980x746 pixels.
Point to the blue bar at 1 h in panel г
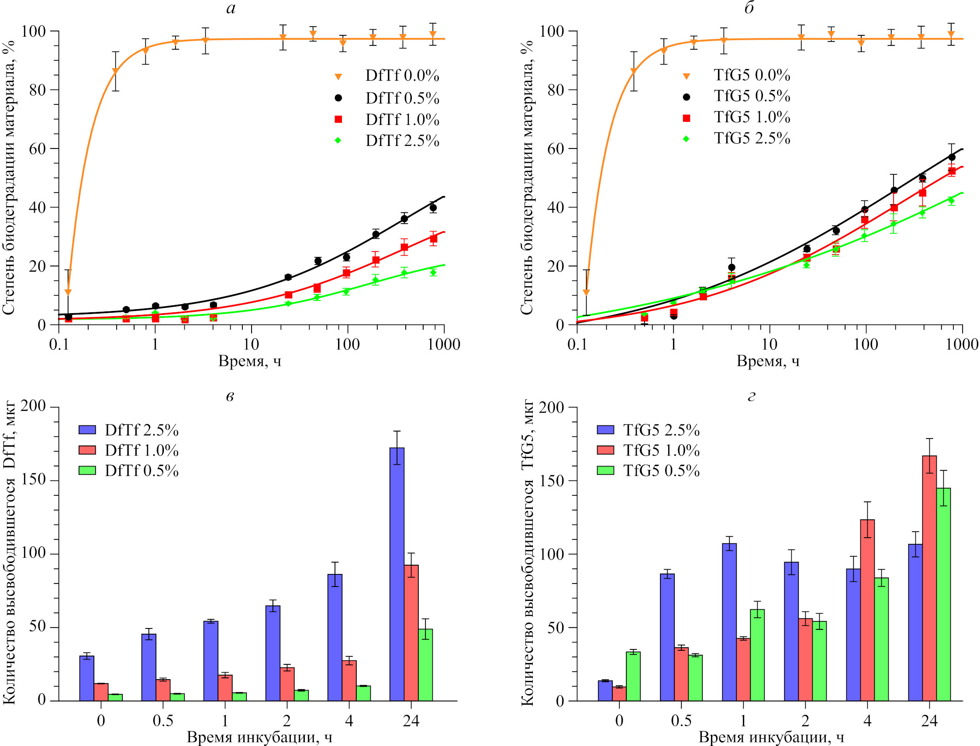(x=729, y=622)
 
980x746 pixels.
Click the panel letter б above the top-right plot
(x=749, y=8)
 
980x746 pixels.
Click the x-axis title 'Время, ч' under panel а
(x=249, y=361)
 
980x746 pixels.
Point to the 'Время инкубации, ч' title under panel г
(x=771, y=738)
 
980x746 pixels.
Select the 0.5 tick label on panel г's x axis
(x=681, y=720)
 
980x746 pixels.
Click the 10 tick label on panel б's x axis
(x=770, y=344)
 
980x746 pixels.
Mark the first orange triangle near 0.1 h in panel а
(x=68, y=292)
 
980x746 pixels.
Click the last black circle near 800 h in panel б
(x=952, y=157)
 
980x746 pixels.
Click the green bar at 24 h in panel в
(x=425, y=664)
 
